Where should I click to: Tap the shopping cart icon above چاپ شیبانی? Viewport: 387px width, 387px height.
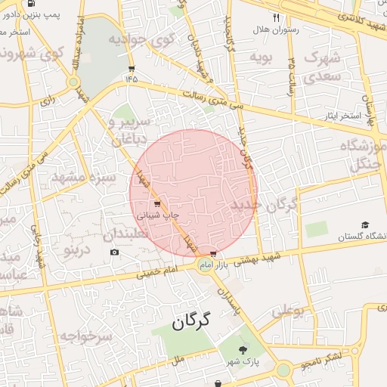156,204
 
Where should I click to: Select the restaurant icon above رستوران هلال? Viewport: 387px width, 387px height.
277,17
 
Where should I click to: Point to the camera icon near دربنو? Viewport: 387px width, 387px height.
114,252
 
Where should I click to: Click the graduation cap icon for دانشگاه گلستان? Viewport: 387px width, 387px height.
365,225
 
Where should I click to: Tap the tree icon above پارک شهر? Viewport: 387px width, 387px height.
243,349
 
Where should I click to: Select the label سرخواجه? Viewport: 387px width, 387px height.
86,336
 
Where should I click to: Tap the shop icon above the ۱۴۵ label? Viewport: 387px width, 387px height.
132,67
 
